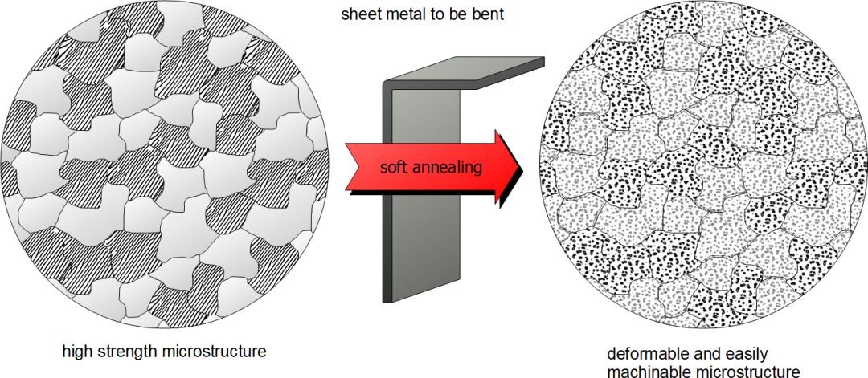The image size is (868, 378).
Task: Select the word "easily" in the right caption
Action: click(743, 353)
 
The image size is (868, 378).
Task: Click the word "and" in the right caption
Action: click(704, 353)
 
